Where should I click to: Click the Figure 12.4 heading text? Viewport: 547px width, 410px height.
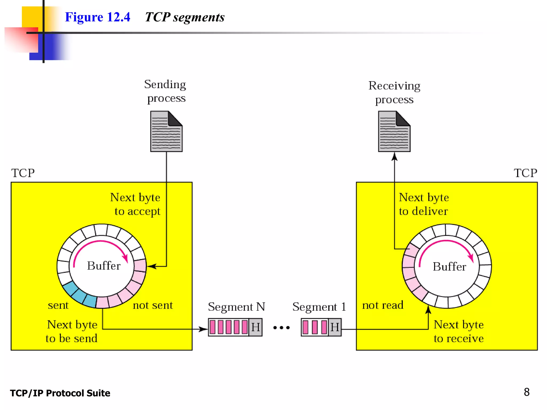point(97,17)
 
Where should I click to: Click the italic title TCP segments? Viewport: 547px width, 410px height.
point(185,17)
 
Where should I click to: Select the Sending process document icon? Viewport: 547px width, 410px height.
point(166,131)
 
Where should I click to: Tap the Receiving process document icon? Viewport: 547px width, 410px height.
point(394,131)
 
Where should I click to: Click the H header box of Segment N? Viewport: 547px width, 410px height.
point(255,327)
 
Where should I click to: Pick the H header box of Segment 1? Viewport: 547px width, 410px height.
point(335,327)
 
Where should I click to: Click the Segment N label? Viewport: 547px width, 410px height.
point(236,307)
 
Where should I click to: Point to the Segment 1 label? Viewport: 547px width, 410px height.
point(319,307)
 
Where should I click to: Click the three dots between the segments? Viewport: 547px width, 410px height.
point(281,328)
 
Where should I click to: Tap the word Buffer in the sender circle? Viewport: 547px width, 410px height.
point(104,266)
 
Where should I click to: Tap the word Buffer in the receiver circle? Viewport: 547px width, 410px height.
point(449,267)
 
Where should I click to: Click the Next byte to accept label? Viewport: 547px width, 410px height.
point(136,204)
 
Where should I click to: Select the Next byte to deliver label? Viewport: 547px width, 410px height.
point(424,204)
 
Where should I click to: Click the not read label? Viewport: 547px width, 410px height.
point(382,305)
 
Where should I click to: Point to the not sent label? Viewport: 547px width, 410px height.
point(153,305)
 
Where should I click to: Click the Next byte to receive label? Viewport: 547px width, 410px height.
point(459,331)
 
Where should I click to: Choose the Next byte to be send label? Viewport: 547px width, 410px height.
point(72,331)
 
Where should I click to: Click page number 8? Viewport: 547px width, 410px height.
point(526,392)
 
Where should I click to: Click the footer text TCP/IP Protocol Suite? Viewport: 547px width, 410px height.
point(60,393)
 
